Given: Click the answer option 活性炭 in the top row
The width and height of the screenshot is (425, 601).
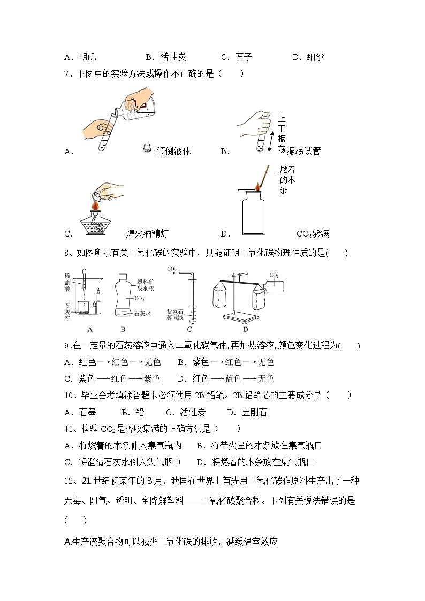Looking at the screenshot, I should [x=166, y=57].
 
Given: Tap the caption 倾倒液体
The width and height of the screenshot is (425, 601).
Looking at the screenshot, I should [x=173, y=151].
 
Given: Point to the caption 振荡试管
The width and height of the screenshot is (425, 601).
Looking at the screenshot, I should [x=303, y=151].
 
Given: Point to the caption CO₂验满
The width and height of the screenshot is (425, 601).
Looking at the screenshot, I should [x=313, y=233].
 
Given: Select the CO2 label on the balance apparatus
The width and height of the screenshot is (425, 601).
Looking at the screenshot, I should [x=274, y=275].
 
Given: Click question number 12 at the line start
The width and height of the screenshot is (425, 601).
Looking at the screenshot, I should [x=69, y=481].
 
